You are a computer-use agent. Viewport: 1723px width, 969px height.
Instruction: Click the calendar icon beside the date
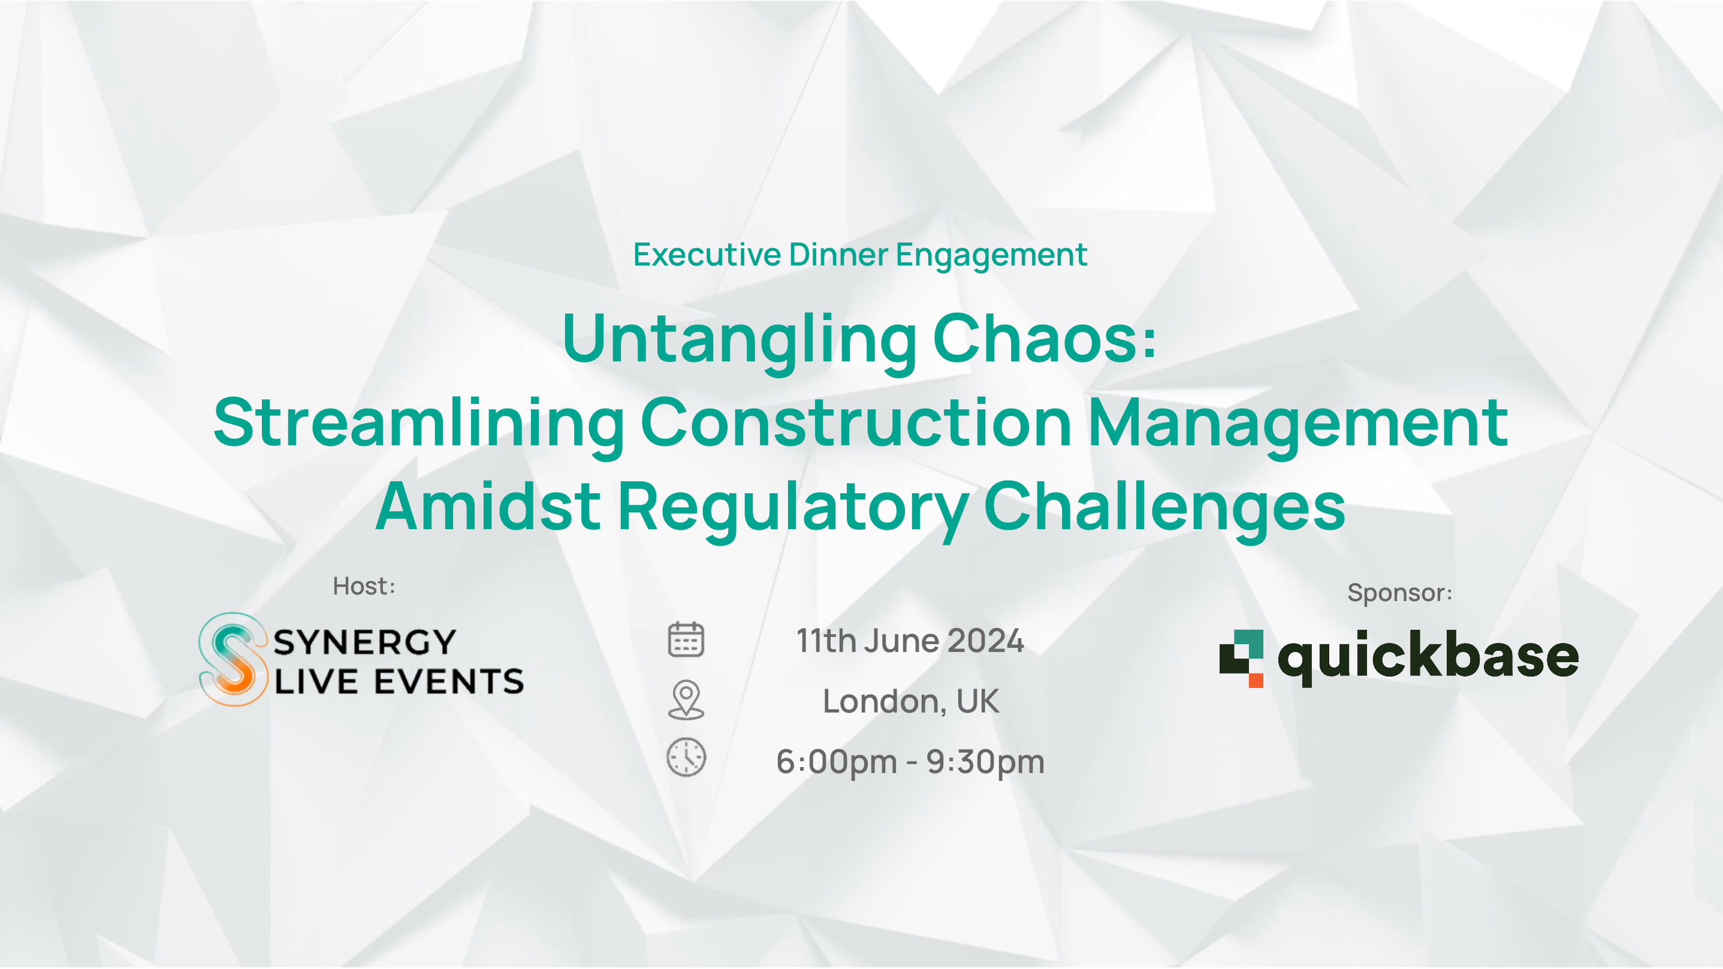pos(686,639)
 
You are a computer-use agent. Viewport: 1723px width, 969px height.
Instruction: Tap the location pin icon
pos(686,699)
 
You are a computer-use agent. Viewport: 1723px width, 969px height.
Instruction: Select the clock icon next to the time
pos(686,757)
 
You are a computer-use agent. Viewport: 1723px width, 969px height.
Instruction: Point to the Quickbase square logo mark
pos(1241,658)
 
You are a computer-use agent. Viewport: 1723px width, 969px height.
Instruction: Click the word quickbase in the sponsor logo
pos(1429,658)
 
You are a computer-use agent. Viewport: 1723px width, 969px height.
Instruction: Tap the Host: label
pos(364,586)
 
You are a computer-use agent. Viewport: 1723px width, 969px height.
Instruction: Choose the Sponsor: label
pos(1399,593)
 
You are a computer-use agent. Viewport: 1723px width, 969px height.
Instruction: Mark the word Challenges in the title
pos(1164,508)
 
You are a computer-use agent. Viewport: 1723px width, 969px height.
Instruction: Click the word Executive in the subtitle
pos(707,254)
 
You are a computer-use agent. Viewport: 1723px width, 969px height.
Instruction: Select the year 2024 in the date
pos(985,641)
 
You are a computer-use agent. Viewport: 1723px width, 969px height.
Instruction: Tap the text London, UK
pos(910,701)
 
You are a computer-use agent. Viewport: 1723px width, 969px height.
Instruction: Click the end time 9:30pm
pos(985,762)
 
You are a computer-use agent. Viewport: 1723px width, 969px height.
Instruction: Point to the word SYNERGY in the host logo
pos(364,642)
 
